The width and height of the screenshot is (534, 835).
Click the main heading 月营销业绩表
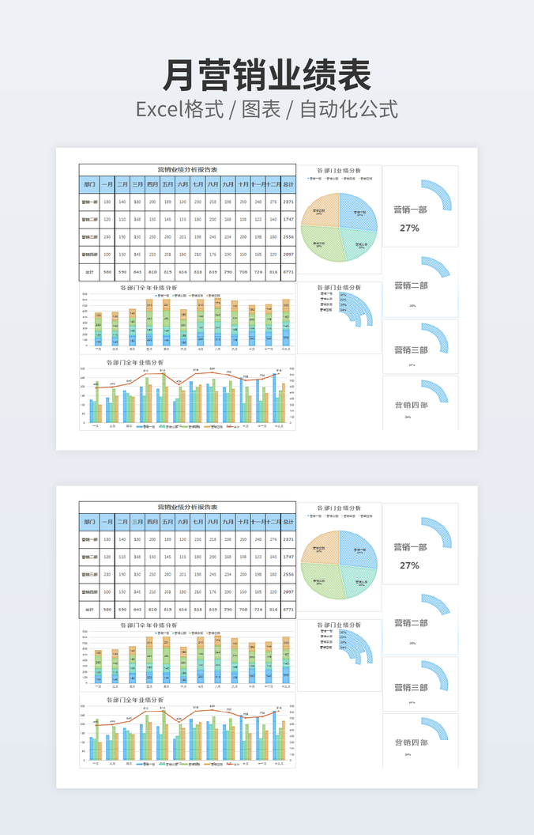click(266, 77)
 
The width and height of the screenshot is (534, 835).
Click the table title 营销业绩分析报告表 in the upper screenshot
click(187, 169)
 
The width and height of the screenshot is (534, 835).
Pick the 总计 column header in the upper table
click(288, 185)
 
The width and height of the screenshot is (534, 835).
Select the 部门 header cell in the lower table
click(90, 522)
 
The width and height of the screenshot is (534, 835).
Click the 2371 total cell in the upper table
click(288, 202)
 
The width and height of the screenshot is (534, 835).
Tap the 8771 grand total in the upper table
click(288, 272)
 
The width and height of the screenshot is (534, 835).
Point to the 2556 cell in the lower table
click(288, 574)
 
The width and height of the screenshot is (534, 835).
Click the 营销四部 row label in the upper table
click(90, 255)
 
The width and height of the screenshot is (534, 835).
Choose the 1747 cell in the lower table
click(288, 557)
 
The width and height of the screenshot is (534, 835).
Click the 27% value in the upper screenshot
click(409, 228)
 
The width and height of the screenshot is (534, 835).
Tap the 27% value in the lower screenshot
click(409, 565)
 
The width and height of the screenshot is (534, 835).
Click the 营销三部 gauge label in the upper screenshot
click(411, 349)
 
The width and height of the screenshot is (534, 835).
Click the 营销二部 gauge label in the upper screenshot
click(411, 285)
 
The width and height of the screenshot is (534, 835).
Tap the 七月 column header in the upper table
click(197, 185)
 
